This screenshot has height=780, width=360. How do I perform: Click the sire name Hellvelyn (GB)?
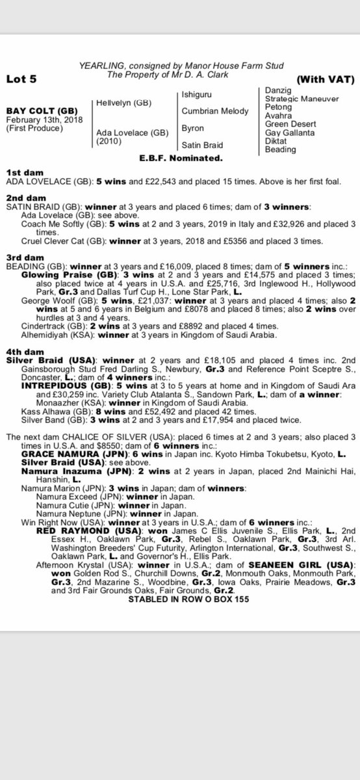(120, 103)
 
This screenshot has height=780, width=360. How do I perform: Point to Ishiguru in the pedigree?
(199, 95)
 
